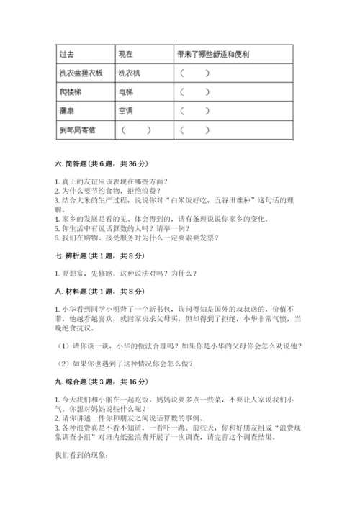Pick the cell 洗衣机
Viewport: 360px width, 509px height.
click(x=130, y=73)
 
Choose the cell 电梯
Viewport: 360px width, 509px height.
click(x=125, y=92)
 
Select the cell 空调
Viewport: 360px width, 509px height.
click(x=125, y=111)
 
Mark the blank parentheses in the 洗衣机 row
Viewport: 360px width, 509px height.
click(x=196, y=73)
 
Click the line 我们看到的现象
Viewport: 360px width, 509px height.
click(x=81, y=455)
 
